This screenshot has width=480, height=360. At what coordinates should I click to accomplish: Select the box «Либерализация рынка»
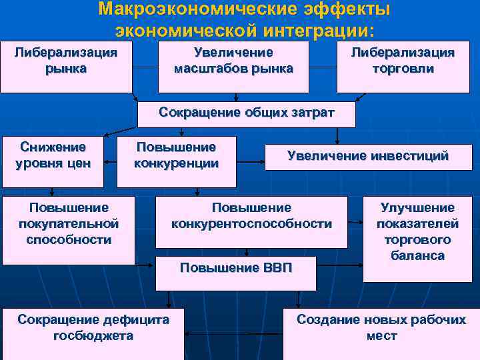66,67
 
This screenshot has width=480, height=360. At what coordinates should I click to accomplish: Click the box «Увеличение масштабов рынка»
233,67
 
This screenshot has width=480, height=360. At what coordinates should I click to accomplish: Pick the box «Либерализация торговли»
403,67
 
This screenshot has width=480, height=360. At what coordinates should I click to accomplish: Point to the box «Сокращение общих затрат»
246,113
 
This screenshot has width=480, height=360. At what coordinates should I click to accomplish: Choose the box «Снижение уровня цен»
53,161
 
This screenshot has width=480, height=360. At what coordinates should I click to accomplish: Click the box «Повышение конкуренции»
177,161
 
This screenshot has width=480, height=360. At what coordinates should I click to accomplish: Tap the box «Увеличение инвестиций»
368,157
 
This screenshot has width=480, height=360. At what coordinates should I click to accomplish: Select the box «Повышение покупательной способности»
69,229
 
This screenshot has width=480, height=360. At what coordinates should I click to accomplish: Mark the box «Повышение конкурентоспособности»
251,221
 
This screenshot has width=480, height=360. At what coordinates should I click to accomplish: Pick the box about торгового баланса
417,238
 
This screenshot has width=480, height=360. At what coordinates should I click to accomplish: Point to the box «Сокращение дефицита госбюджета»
93,333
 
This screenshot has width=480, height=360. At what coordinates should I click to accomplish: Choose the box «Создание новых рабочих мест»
381,333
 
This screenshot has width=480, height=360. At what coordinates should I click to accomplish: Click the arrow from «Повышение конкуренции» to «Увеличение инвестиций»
251,161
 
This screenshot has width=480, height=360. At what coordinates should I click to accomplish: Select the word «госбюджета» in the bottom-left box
93,336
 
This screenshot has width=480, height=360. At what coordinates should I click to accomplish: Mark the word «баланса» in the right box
418,255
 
